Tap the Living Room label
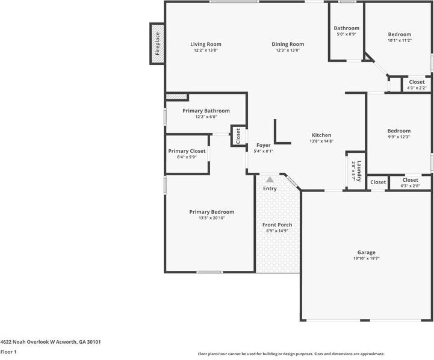click(206, 44)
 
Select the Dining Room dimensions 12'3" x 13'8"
click(288, 51)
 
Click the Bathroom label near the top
click(347, 28)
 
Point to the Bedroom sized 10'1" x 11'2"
click(399, 35)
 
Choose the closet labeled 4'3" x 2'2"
click(417, 82)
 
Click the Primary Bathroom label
click(206, 111)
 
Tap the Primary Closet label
click(187, 151)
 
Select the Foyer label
click(264, 145)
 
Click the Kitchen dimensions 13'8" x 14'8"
click(321, 141)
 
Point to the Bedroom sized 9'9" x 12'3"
click(398, 131)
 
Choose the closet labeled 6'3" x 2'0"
click(410, 180)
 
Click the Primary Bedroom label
click(211, 212)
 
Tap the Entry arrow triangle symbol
click(270, 179)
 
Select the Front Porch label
click(277, 225)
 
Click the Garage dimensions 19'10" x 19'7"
click(366, 258)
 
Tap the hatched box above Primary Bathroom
click(177, 96)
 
